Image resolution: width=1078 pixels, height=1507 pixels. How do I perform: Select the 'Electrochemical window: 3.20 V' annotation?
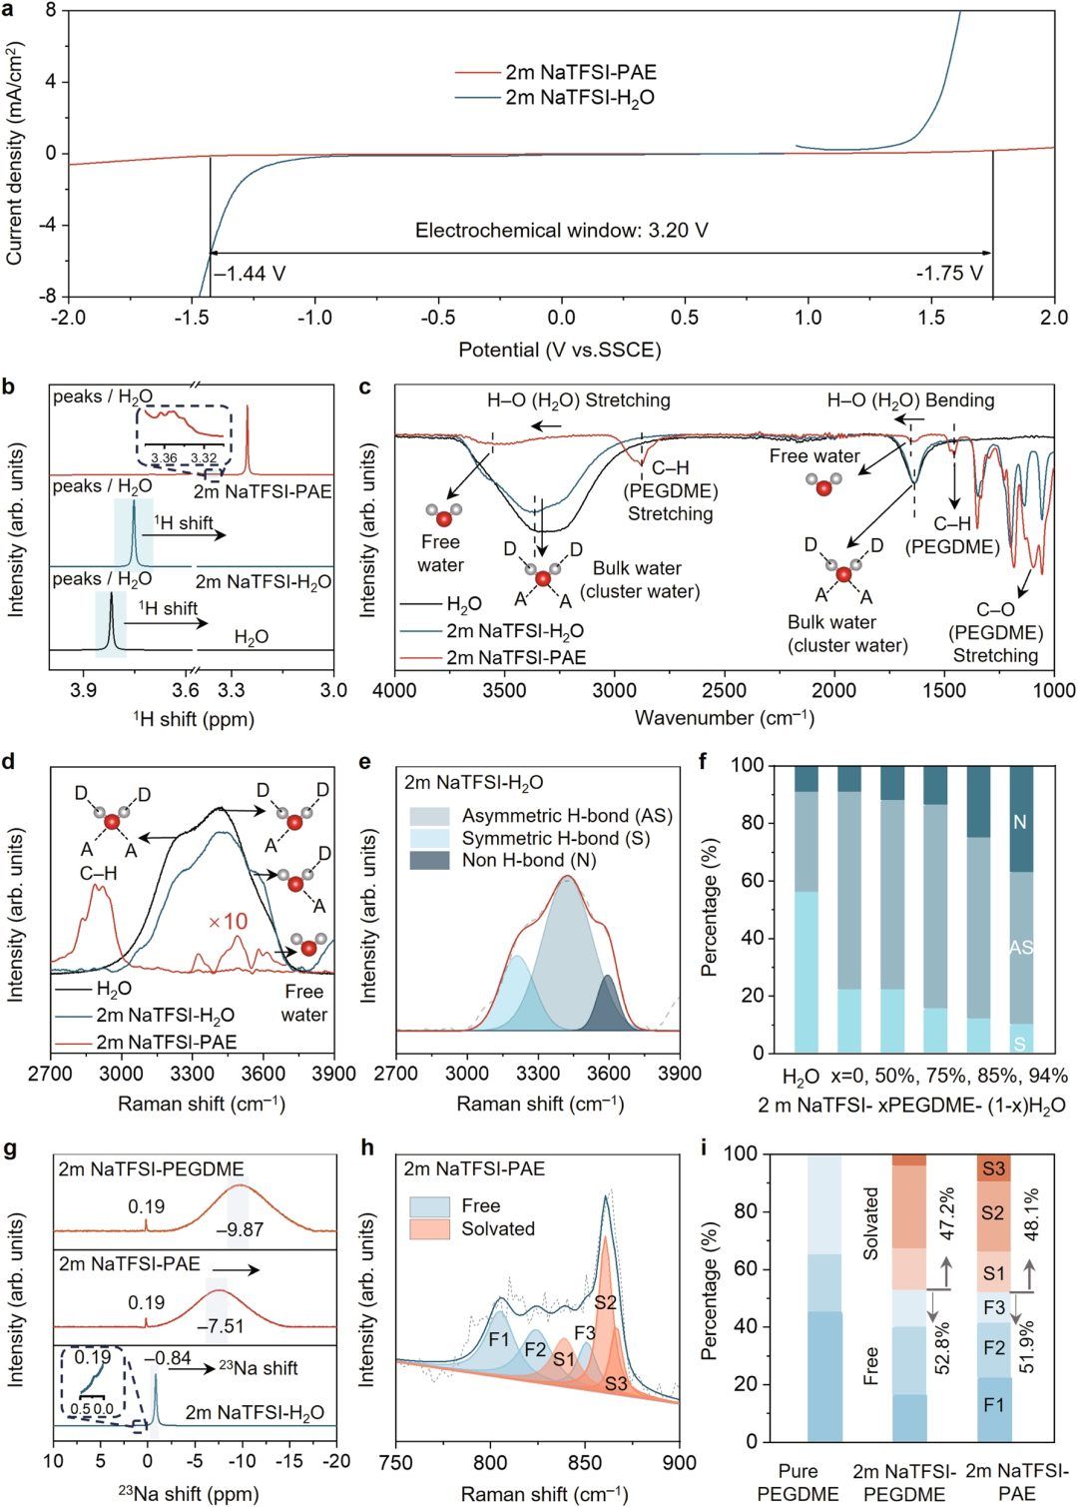(562, 231)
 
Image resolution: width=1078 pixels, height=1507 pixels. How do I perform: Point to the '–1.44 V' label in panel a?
(249, 274)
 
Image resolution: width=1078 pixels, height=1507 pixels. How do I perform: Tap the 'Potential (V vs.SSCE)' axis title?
(560, 350)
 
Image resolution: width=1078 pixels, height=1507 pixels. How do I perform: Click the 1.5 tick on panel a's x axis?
(931, 318)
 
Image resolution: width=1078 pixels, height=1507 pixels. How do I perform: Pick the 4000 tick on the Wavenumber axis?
(397, 690)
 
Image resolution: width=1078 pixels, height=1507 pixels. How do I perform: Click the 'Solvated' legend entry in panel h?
(497, 1229)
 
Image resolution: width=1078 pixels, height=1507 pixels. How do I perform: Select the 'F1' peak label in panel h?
(499, 1339)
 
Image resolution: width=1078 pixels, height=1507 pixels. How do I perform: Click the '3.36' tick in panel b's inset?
(164, 458)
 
